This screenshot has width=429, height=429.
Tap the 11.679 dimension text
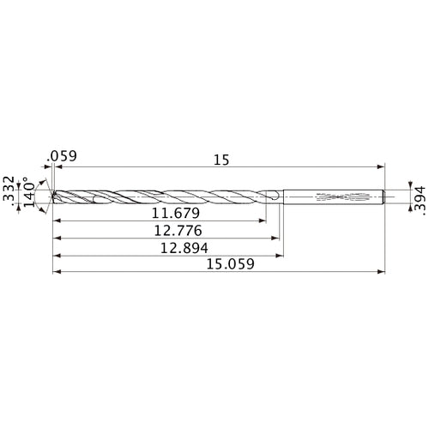click(x=176, y=212)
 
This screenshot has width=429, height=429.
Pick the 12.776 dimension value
click(x=178, y=229)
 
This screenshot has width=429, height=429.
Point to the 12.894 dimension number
click(x=179, y=247)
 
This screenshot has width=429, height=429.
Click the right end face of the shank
click(x=382, y=196)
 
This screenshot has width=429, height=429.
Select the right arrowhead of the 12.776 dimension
click(x=278, y=238)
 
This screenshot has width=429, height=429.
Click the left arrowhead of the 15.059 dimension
click(x=57, y=273)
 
